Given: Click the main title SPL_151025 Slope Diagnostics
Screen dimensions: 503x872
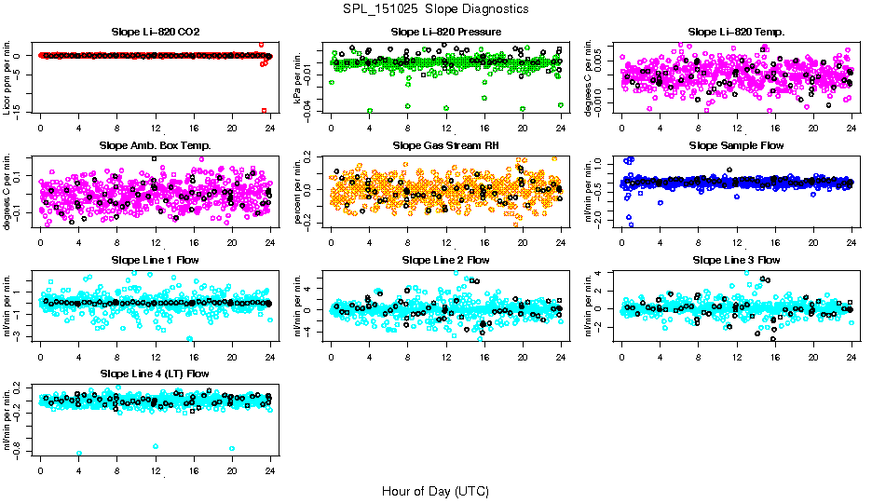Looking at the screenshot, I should (x=435, y=8).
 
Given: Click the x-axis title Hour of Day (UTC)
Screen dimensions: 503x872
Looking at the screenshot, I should (x=435, y=490).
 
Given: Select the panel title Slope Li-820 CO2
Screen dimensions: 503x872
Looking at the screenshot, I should (x=155, y=32).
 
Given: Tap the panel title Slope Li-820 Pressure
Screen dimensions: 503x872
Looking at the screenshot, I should (x=446, y=32).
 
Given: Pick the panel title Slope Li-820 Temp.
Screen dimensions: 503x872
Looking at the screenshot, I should (x=736, y=32).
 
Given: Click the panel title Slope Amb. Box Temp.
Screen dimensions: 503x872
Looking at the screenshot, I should (x=155, y=145).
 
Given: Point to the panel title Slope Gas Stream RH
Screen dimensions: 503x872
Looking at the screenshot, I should (x=446, y=145).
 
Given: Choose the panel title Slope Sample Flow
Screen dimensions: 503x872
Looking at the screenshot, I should (x=736, y=145).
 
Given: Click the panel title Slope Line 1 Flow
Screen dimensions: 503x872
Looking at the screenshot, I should (x=155, y=259).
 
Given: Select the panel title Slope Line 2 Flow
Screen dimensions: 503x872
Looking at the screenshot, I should (x=446, y=259).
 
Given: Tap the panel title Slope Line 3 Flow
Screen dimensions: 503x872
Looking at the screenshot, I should (x=736, y=259).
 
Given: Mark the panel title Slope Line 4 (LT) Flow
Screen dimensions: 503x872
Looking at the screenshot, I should (x=155, y=374).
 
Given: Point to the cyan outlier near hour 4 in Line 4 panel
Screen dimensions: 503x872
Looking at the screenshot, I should (x=79, y=453).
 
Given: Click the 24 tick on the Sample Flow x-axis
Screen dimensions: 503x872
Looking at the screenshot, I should (x=851, y=240).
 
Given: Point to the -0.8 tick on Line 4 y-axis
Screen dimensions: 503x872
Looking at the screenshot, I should (x=19, y=450).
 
